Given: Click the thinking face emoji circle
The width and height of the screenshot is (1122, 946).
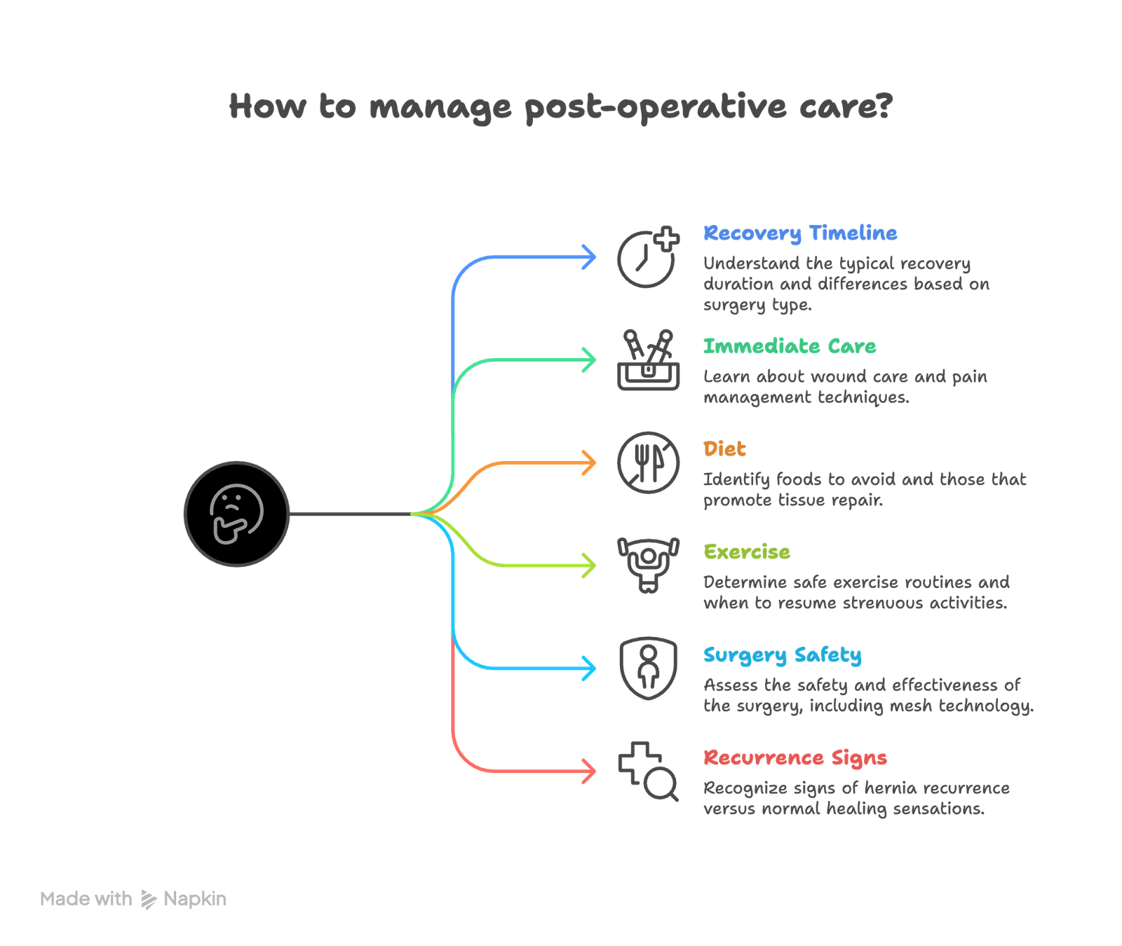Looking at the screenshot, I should pos(236,514).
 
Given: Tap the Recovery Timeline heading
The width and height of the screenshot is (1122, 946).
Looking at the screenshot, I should pos(800,233).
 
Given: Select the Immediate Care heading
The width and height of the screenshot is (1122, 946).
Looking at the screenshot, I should pos(790,346).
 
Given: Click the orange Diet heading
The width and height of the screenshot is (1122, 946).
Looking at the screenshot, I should pos(725,449).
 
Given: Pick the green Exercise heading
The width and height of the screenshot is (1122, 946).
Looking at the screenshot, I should pos(747,552).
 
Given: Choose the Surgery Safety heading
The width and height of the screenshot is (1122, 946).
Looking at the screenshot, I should pos(783,655).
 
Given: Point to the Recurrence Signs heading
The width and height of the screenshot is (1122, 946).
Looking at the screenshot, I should pos(795,758).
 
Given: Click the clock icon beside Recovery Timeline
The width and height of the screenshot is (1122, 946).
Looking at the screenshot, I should pos(645,259).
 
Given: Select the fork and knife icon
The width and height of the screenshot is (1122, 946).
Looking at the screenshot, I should pos(649,462).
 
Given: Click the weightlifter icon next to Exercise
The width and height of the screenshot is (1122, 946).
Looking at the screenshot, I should pos(649,565).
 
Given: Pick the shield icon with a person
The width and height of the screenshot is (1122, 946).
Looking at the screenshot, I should pos(649,668).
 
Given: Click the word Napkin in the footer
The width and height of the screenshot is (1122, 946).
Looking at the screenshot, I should pos(195,899).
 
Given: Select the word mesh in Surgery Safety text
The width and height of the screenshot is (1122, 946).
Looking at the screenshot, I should pos(910,706).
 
